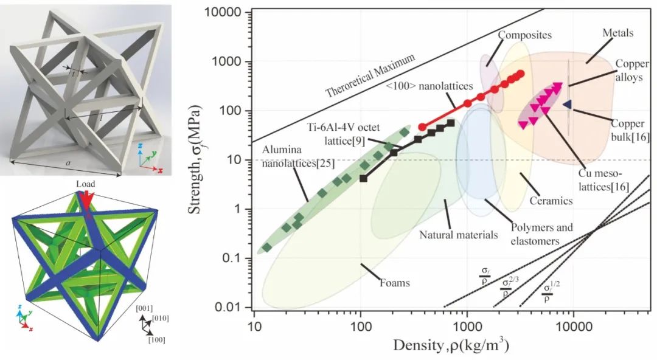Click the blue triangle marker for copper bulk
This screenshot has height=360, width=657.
tap(567, 105)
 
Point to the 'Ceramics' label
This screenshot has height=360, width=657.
tap(551, 200)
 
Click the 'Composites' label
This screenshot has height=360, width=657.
tap(524, 35)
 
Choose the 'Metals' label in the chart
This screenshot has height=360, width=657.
tap(617, 33)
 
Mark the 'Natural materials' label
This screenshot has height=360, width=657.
tap(459, 234)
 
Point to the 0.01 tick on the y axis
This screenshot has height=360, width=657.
tap(230, 308)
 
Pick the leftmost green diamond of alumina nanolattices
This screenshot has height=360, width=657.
tap(266, 247)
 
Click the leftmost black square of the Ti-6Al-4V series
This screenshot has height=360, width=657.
tap(364, 178)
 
